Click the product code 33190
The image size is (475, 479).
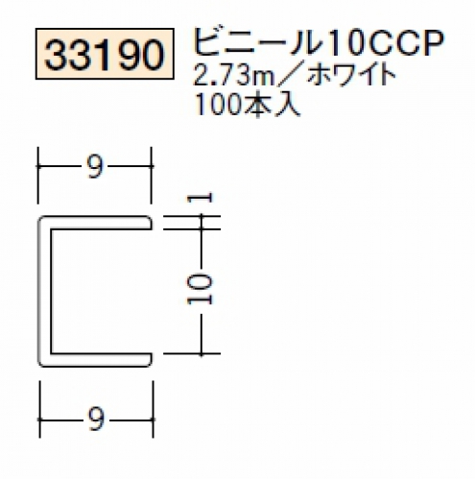point(105,54)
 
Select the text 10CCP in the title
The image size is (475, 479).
point(385,43)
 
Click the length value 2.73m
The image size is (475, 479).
point(233,76)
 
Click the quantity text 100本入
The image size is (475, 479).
point(247,105)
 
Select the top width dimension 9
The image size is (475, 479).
point(95,167)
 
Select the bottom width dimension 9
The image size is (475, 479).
point(96,419)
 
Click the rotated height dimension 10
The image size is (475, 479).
point(200,290)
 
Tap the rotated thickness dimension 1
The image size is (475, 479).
point(200,198)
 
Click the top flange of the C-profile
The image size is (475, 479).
point(96,223)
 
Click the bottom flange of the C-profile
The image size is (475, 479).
point(96,360)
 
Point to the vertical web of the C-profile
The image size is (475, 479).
point(45,291)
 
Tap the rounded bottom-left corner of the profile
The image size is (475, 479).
point(42,363)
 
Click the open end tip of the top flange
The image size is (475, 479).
point(152,223)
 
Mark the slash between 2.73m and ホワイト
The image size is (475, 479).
point(289,77)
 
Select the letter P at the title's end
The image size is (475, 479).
point(433,43)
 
